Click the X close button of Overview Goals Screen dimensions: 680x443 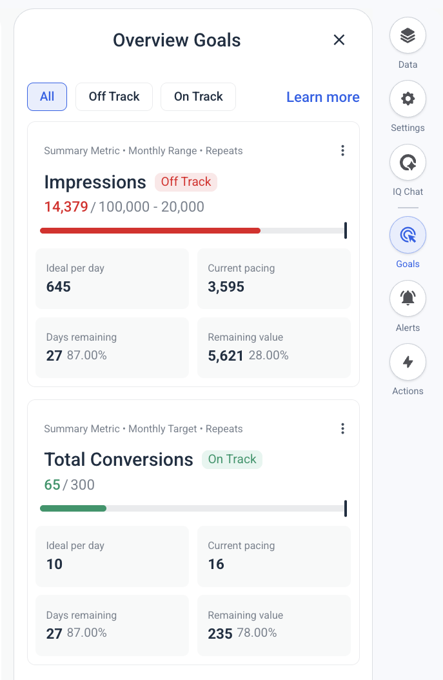(x=339, y=40)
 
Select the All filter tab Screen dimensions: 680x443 (x=47, y=97)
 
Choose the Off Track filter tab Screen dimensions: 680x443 (x=114, y=97)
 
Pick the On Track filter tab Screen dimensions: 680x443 (x=198, y=97)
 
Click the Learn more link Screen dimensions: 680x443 (x=322, y=97)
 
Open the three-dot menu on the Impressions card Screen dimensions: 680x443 (x=342, y=150)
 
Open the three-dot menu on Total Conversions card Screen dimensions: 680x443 (x=342, y=428)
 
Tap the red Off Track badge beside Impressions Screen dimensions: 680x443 (x=186, y=182)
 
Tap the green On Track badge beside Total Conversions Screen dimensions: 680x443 (x=232, y=459)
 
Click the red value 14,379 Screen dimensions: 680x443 (x=66, y=207)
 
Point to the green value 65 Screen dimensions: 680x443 (x=52, y=485)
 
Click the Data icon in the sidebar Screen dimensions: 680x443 (x=408, y=35)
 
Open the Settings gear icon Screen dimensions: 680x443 (x=408, y=99)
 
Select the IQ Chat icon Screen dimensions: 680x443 (x=408, y=163)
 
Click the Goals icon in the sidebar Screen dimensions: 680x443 (x=408, y=235)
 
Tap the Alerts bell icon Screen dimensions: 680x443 (x=408, y=298)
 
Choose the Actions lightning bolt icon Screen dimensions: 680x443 (x=408, y=362)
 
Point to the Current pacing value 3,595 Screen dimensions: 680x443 (x=226, y=286)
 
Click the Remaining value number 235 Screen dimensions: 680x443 (x=220, y=634)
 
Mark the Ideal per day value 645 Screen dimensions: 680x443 (x=59, y=286)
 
